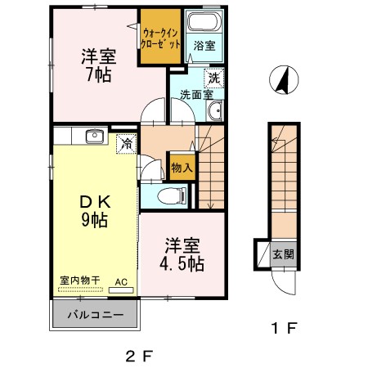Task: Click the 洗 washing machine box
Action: [x=213, y=79]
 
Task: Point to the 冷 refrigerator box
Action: [x=126, y=143]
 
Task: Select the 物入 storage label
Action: [x=182, y=168]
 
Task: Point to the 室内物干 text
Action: [x=79, y=280]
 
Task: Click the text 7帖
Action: [x=96, y=74]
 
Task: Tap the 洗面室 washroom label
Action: [x=195, y=94]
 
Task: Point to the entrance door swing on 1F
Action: [x=283, y=282]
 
